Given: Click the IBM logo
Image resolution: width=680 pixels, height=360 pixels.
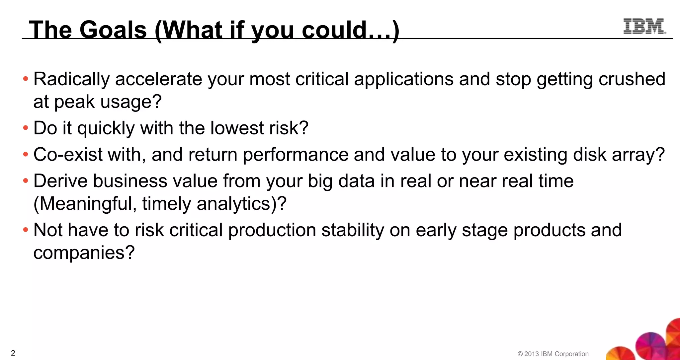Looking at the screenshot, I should (644, 27).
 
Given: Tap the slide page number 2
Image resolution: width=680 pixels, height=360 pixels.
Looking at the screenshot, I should (13, 353).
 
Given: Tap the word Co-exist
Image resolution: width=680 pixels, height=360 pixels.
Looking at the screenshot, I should (68, 155).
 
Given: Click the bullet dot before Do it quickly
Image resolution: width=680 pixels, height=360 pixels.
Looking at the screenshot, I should (26, 128).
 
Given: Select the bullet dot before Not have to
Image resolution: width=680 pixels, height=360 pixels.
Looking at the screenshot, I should (26, 230).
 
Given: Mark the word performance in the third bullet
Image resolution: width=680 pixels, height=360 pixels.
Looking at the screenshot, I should (296, 155).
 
